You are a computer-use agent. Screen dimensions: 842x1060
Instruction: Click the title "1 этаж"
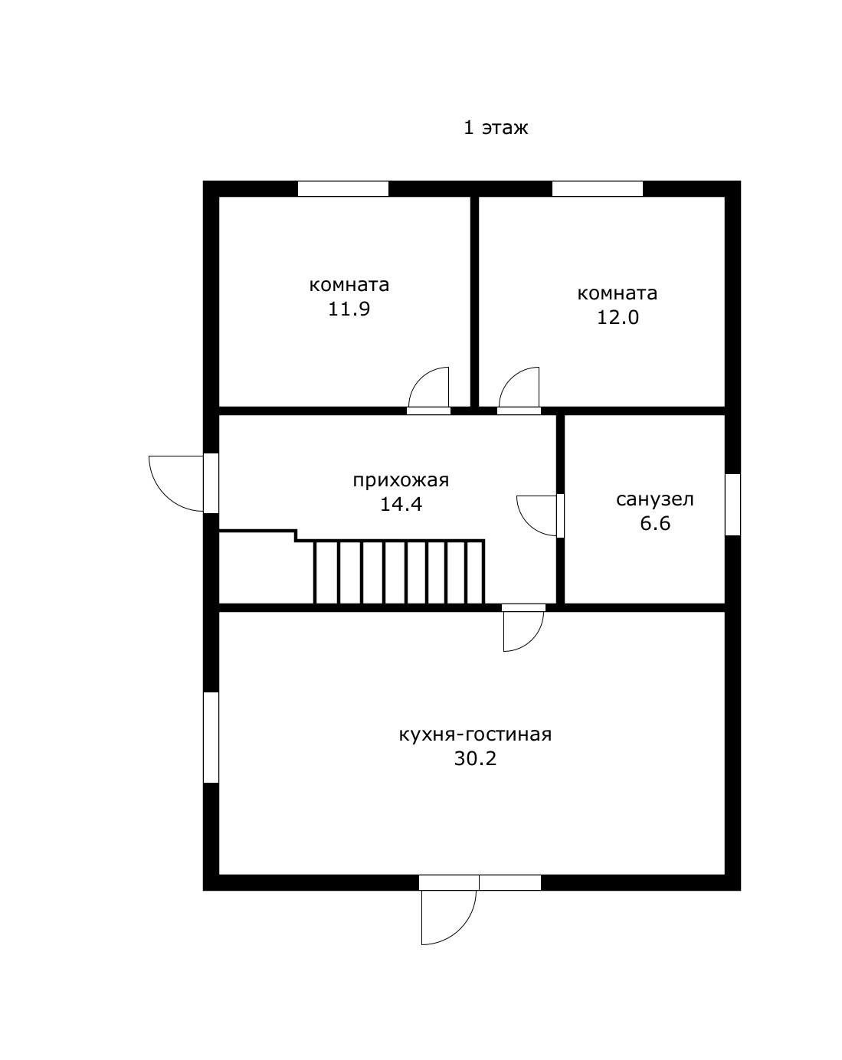[x=495, y=128]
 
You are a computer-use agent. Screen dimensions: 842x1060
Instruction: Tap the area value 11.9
[x=349, y=309]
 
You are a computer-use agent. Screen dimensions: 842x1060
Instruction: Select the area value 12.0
[x=618, y=317]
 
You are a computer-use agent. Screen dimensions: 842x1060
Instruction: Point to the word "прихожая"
[x=401, y=480]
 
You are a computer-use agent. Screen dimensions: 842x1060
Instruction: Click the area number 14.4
[x=401, y=505]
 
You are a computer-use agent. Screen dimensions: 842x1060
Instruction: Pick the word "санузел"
[x=654, y=499]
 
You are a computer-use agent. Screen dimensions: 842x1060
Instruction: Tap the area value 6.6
[x=655, y=523]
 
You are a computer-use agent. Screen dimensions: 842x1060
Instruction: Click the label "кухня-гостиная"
[x=475, y=734]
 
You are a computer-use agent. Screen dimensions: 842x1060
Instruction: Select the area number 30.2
[x=475, y=758]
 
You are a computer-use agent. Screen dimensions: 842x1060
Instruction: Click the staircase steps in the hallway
[x=399, y=572]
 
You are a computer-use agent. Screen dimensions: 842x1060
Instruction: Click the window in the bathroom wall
[x=732, y=505]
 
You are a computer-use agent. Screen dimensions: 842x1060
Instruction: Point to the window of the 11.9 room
[x=343, y=188]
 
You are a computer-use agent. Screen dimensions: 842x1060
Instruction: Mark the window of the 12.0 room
[x=597, y=188]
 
